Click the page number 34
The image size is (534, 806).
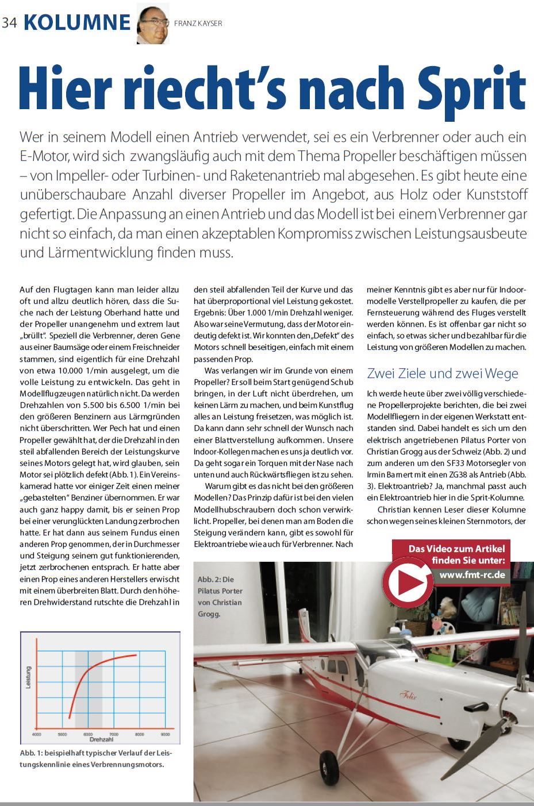10,23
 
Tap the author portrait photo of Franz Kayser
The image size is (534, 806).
153,24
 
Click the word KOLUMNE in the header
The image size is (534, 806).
78,22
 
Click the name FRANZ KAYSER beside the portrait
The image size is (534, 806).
198,24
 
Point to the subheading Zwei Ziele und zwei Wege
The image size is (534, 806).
442,373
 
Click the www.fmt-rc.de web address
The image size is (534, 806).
472,574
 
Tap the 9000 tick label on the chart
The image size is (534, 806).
166,734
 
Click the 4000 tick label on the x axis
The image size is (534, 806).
37,734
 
